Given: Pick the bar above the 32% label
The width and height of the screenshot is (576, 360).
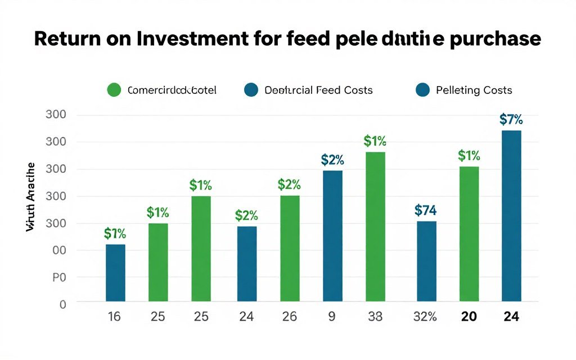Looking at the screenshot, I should pyautogui.click(x=426, y=261).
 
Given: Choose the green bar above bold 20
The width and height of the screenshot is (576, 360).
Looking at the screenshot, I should pyautogui.click(x=469, y=234).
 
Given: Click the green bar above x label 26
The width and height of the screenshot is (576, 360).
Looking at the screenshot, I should pyautogui.click(x=290, y=248).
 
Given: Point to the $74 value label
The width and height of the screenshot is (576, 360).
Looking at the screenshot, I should pyautogui.click(x=426, y=210).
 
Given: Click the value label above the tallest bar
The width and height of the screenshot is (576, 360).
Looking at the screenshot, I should pyautogui.click(x=511, y=119).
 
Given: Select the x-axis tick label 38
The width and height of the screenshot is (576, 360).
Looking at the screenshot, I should pyautogui.click(x=375, y=317).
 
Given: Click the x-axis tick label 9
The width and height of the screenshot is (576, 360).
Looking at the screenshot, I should pyautogui.click(x=331, y=317).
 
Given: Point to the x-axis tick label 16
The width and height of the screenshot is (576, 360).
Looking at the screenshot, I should pyautogui.click(x=114, y=317).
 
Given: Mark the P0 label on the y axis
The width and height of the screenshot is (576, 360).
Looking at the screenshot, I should pyautogui.click(x=59, y=277).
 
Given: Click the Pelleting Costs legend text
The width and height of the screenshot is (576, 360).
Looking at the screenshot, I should pyautogui.click(x=474, y=90).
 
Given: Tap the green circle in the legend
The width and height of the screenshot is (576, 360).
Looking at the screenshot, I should pyautogui.click(x=114, y=90).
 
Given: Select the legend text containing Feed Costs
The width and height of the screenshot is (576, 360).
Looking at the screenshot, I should pyautogui.click(x=318, y=90).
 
